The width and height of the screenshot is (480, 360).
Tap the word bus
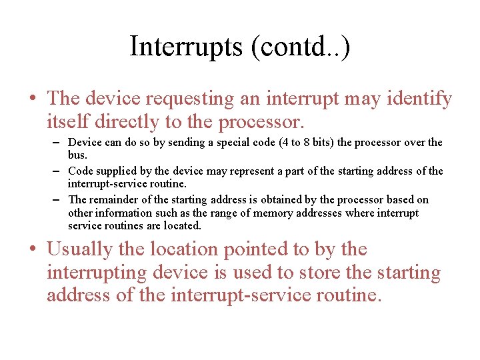tap(77, 155)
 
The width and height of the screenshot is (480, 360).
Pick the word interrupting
tap(97, 273)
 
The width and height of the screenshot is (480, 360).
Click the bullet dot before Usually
tap(33, 250)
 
